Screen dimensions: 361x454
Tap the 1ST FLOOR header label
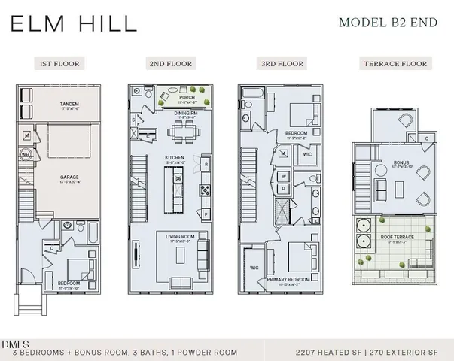pyautogui.click(x=59, y=64)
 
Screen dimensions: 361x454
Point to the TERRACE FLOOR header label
pyautogui.click(x=397, y=64)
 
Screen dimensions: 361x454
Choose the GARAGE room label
pyautogui.click(x=70, y=177)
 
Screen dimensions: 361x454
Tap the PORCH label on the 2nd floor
pyautogui.click(x=187, y=97)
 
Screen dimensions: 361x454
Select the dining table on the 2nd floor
pyautogui.click(x=183, y=133)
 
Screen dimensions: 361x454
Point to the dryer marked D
pyautogui.click(x=285, y=188)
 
